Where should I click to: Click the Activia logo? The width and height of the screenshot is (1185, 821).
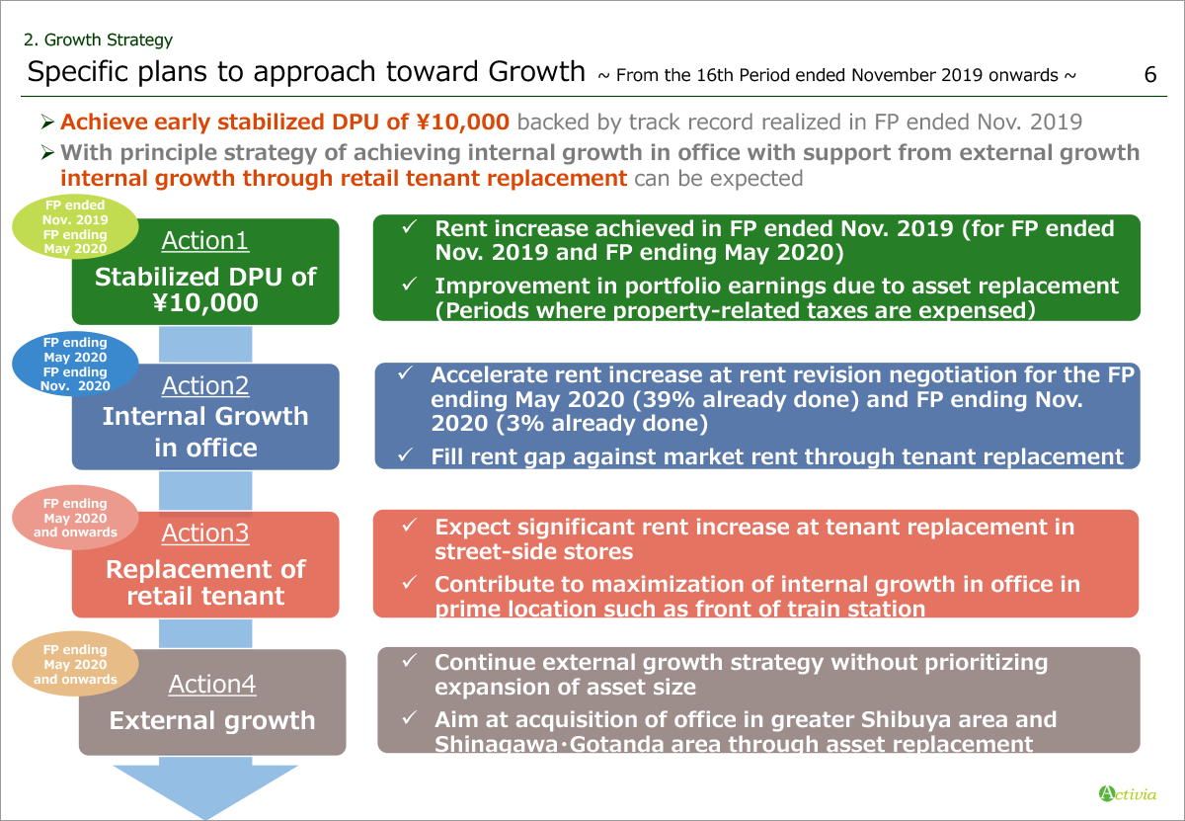click(x=1128, y=794)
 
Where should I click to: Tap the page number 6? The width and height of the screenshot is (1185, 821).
click(x=1150, y=75)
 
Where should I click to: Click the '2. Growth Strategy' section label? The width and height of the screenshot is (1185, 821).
click(x=98, y=40)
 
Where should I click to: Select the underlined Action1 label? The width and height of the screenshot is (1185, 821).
click(x=205, y=241)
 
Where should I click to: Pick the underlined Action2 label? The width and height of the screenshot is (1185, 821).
click(x=205, y=386)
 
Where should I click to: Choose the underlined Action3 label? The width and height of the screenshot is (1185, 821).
click(x=205, y=534)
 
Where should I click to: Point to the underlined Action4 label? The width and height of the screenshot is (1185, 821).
click(x=212, y=685)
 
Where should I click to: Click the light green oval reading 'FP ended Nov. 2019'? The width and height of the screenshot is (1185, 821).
click(x=75, y=226)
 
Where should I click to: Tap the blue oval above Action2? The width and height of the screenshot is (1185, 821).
click(x=75, y=364)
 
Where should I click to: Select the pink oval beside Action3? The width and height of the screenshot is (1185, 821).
click(x=75, y=518)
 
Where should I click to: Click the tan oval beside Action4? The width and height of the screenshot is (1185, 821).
click(x=75, y=664)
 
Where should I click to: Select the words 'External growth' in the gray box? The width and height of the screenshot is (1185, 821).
click(x=212, y=720)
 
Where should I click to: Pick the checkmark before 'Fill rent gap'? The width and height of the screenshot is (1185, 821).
click(x=405, y=454)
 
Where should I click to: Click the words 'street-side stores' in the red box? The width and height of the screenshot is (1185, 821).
click(x=534, y=552)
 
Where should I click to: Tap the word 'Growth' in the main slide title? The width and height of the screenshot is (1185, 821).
click(x=536, y=71)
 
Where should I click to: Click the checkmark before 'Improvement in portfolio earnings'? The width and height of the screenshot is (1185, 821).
click(x=410, y=285)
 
